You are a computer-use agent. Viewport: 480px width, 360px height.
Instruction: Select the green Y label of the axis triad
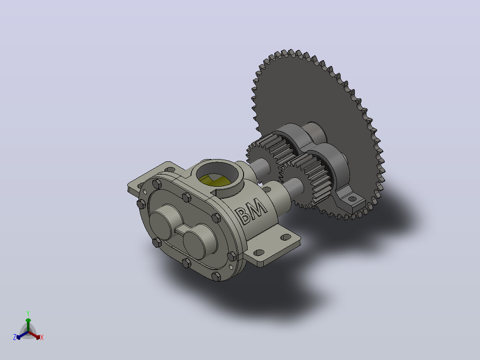pyautogui.click(x=28, y=313)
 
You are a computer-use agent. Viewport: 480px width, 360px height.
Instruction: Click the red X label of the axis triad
pyautogui.click(x=42, y=337)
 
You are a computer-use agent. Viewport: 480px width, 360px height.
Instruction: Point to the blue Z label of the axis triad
pyautogui.click(x=15, y=337)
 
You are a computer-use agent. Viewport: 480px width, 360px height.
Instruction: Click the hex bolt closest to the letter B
pyautogui.click(x=216, y=218)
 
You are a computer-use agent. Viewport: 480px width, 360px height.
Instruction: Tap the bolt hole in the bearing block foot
pyautogui.click(x=352, y=199)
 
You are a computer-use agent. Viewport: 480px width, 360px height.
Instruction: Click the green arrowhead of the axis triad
pyautogui.click(x=28, y=320)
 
